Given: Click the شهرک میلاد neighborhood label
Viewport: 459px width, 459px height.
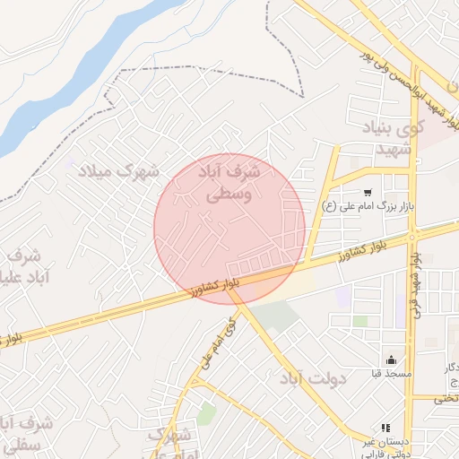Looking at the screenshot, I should click(117, 170).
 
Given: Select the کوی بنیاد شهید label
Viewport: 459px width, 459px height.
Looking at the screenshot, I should click(389, 139).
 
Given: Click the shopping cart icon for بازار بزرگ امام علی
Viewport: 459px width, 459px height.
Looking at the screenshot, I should click(368, 192).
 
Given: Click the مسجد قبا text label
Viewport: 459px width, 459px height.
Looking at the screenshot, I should click(391, 373).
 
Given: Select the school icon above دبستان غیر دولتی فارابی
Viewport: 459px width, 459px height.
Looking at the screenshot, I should click(385, 429).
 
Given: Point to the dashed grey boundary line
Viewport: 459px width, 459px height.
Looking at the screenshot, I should click(206, 68).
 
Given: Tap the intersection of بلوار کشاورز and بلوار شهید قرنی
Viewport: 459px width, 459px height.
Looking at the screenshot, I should click(413, 235).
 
